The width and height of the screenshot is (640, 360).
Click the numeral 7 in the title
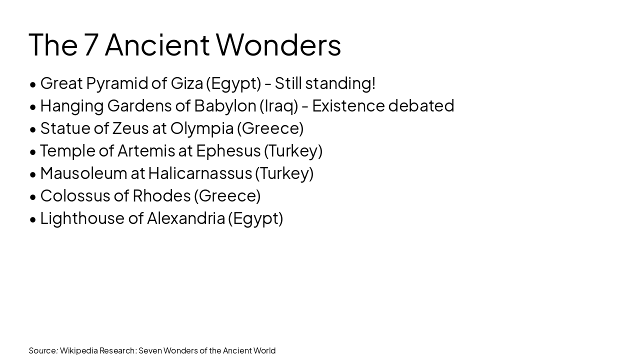pyautogui.click(x=90, y=45)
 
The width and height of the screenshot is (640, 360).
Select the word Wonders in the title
pyautogui.click(x=278, y=45)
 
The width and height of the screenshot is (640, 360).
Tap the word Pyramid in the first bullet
pyautogui.click(x=126, y=83)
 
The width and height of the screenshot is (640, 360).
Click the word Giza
pyautogui.click(x=186, y=83)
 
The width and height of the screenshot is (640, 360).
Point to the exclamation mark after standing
pyautogui.click(x=373, y=83)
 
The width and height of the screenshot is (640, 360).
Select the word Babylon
pyautogui.click(x=225, y=106)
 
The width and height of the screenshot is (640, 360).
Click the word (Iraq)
pyautogui.click(x=278, y=106)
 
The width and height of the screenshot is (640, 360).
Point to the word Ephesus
pyautogui.click(x=228, y=151)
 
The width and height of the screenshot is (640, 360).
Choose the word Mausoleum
pyautogui.click(x=83, y=173)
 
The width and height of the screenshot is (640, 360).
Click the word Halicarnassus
pyautogui.click(x=200, y=173)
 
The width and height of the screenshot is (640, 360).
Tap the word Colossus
pyautogui.click(x=75, y=195)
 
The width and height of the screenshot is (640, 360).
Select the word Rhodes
pyautogui.click(x=161, y=195)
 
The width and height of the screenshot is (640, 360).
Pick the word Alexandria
pyautogui.click(x=185, y=218)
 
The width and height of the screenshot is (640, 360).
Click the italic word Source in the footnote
pyautogui.click(x=43, y=350)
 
